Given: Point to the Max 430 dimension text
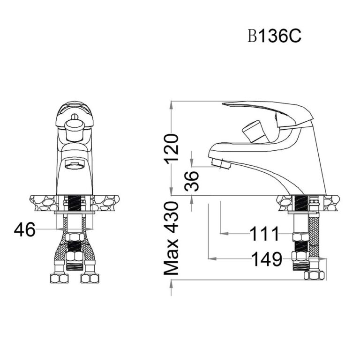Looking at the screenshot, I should [172, 238].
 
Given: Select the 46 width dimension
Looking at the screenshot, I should [25, 229].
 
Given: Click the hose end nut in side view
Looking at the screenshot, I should [314, 275].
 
